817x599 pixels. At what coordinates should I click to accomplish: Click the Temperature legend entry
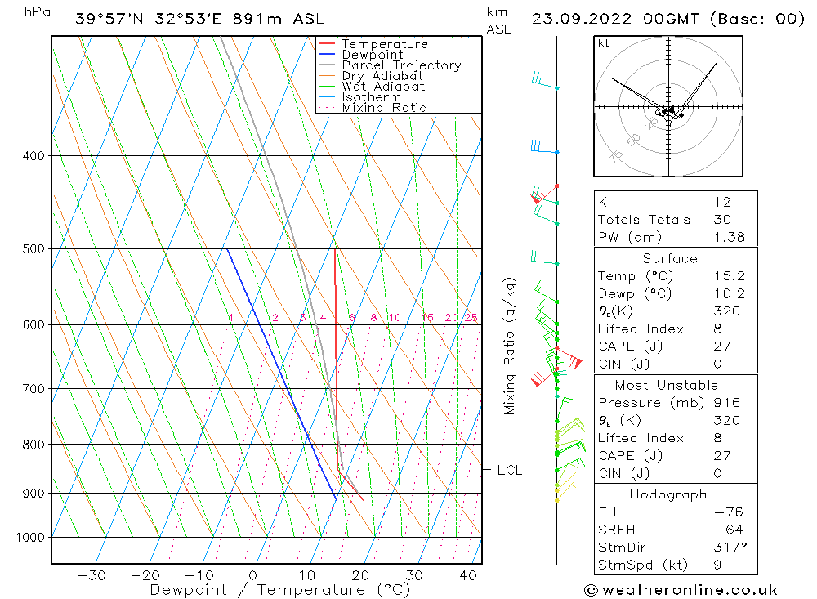click(x=384, y=44)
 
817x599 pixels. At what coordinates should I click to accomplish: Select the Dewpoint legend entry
click(x=372, y=55)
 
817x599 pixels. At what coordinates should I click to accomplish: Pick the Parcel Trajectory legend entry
click(x=401, y=65)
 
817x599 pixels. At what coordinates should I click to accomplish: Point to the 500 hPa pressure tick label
click(x=32, y=248)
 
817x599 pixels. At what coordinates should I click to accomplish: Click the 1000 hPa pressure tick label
click(x=29, y=537)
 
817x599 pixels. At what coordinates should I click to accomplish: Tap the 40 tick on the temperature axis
click(x=468, y=575)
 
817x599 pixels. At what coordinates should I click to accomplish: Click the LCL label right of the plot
click(x=509, y=470)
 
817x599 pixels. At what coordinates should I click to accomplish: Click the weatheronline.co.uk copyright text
click(x=681, y=589)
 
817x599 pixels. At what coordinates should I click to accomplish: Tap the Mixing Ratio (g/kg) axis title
click(x=511, y=346)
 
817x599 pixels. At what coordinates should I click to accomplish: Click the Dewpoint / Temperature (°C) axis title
click(x=268, y=590)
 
